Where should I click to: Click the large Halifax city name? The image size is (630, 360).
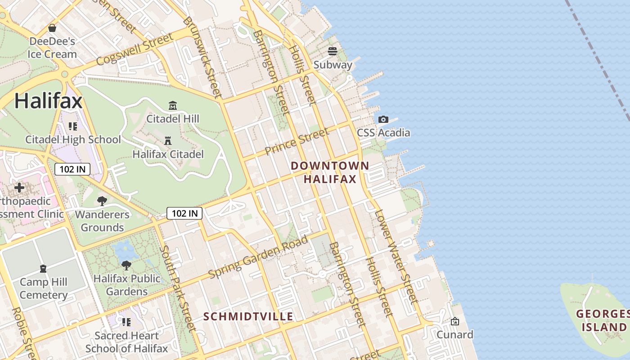click(x=48, y=100)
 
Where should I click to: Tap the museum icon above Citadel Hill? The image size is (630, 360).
click(x=172, y=106)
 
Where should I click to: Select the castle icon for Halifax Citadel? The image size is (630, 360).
click(x=168, y=141)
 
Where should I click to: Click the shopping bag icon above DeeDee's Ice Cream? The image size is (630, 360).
click(x=52, y=28)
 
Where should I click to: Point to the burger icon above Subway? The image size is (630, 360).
click(x=333, y=51)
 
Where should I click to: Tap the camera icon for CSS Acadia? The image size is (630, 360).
click(x=383, y=119)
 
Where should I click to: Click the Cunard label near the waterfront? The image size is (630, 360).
click(x=455, y=334)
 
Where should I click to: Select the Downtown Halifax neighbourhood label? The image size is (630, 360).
click(x=330, y=172)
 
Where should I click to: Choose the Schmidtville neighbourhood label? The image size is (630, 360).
click(x=248, y=316)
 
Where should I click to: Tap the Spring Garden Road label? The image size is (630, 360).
click(x=259, y=256)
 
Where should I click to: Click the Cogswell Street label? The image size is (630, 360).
click(x=135, y=49)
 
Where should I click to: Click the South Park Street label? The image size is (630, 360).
click(x=178, y=288)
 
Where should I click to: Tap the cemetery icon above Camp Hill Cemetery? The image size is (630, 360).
click(x=43, y=269)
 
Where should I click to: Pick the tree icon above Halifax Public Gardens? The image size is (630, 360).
click(x=126, y=265)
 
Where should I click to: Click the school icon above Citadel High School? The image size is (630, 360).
click(x=73, y=126)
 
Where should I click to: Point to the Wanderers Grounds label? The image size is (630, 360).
click(x=102, y=221)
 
